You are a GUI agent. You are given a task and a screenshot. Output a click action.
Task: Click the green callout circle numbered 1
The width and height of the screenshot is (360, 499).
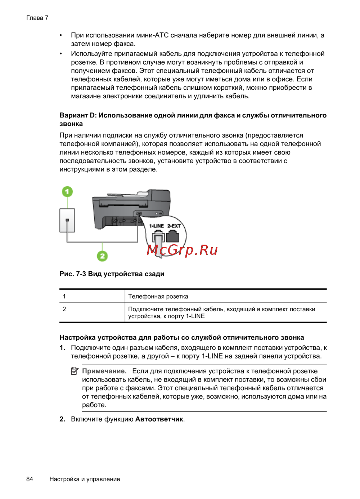[67, 192]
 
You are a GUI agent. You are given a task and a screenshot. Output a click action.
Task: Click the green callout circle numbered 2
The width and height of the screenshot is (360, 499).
[102, 256]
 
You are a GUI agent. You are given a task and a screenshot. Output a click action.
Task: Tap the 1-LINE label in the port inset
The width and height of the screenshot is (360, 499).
[157, 226]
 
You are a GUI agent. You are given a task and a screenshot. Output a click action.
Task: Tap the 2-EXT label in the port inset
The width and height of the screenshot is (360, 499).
[174, 226]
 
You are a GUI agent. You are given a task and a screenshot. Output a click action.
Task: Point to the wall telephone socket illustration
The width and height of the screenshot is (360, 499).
[67, 220]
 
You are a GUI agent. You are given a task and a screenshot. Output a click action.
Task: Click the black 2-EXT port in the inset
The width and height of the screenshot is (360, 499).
[173, 236]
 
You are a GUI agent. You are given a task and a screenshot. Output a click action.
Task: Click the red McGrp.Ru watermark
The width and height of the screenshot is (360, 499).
[182, 250]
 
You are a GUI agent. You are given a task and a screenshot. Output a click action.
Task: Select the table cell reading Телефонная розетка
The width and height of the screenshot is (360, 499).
[158, 297]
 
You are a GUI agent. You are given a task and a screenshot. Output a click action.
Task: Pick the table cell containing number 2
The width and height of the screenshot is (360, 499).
[64, 309]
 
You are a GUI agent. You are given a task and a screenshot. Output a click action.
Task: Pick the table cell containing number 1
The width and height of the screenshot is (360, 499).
[64, 297]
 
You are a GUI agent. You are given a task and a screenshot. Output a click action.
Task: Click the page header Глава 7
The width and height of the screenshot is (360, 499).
[37, 18]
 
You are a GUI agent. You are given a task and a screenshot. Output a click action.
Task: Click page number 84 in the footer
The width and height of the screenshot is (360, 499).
[30, 479]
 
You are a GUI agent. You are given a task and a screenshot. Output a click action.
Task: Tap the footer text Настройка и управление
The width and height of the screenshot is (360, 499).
[85, 479]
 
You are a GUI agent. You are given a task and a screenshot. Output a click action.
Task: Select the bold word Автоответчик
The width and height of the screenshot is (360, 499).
[159, 419]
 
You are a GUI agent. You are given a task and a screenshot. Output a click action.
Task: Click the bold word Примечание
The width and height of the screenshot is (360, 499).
[104, 371]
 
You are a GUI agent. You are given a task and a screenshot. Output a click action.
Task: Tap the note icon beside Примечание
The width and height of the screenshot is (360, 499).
[75, 371]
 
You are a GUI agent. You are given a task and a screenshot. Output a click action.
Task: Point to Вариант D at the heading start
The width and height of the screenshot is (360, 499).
[78, 115]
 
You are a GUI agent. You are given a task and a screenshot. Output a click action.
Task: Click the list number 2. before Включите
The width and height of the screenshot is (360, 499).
[62, 419]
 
